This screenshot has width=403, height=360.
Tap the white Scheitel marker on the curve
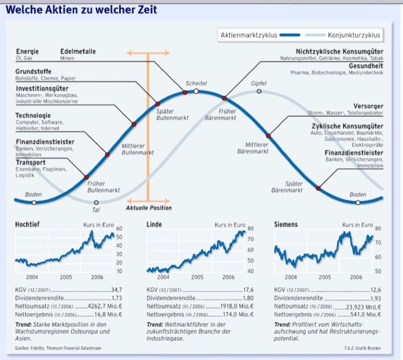pos(196,91)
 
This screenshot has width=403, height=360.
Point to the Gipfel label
pos(258,83)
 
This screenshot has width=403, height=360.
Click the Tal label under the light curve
pos(96,210)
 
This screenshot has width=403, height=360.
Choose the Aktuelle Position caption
pos(149,208)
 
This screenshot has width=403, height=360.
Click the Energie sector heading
pos(27,51)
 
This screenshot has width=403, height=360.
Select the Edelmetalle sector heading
pos(78,51)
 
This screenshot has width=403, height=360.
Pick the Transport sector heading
pos(31,163)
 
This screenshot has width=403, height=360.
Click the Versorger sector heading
pos(368,106)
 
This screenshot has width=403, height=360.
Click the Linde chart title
pos(154,224)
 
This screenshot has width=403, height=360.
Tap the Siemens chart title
pos(285,224)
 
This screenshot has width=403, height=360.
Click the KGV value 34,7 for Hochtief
pos(116,290)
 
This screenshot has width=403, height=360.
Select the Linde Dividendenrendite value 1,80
pos(248,298)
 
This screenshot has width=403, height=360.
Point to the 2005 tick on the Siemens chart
pos(324,277)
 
